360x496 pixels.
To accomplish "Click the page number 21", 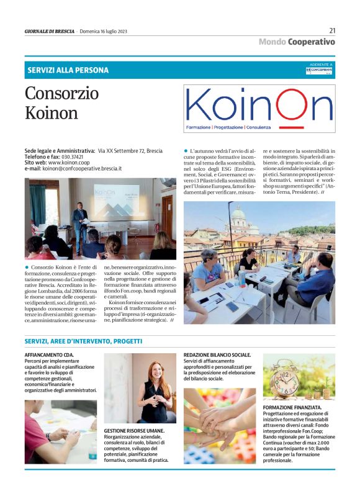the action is [x=332, y=30].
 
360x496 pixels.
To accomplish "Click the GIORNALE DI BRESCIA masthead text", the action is [x=49, y=31].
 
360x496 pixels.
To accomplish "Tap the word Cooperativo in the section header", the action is [x=312, y=42].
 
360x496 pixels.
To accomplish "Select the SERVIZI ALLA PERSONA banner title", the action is [x=68, y=70].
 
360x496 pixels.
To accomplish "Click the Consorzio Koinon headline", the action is [x=61, y=103].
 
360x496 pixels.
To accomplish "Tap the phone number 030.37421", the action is [x=72, y=157].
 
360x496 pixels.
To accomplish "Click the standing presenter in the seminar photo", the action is [x=79, y=219].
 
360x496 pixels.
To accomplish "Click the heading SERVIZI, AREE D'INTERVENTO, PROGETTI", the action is [x=83, y=341].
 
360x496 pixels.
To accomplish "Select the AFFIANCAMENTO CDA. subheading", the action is [x=49, y=354].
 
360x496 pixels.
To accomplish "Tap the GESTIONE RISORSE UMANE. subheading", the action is [x=134, y=430].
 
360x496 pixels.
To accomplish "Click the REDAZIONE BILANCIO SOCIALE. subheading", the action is [x=217, y=354].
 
